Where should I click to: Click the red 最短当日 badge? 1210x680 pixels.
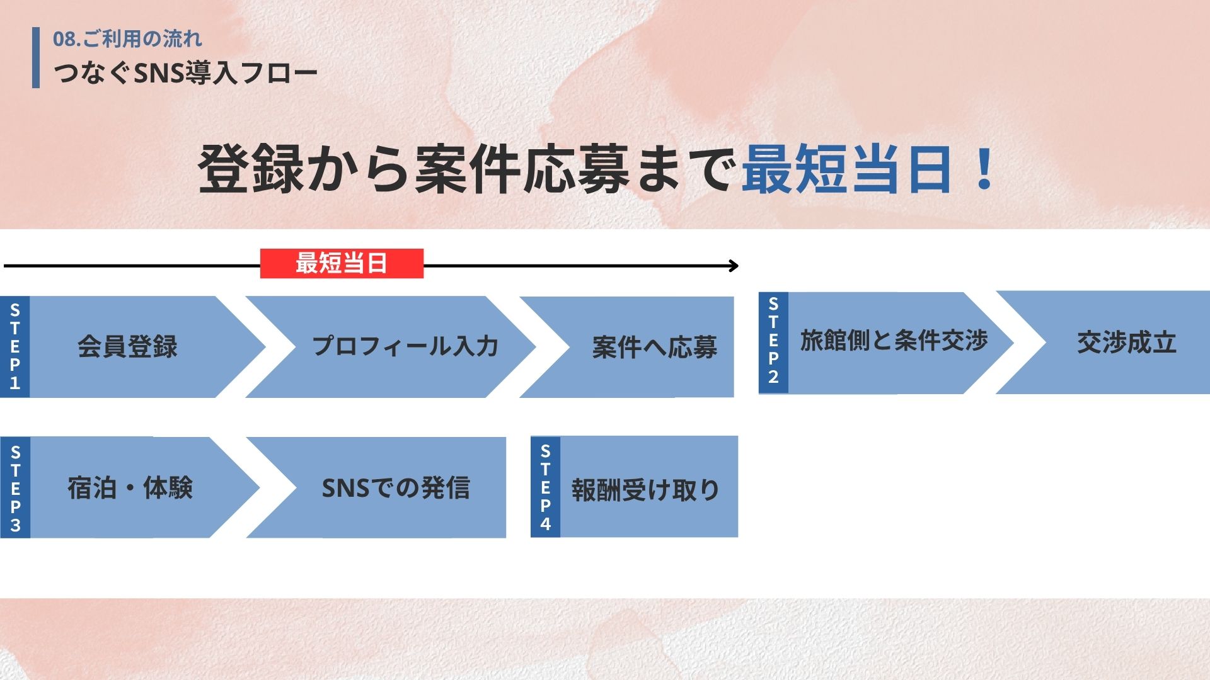coord(342,263)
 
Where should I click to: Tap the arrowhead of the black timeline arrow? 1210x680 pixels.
coord(734,266)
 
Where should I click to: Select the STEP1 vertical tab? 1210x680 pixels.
coord(15,346)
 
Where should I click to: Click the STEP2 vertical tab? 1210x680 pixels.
coord(773,343)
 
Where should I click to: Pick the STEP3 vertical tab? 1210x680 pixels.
coord(15,487)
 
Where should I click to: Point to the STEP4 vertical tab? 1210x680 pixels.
coord(546,487)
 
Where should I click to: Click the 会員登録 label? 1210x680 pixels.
coord(127,346)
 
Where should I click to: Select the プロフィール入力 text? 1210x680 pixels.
coord(405,346)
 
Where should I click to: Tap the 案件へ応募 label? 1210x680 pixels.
coord(655,347)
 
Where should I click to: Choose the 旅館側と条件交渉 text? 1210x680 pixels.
coord(894,341)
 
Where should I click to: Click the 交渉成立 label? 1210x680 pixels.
coord(1127,343)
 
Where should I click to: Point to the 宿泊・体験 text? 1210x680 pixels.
coord(130,488)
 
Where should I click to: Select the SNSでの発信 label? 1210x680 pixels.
coord(396,488)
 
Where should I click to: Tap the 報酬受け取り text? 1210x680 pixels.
coord(645,490)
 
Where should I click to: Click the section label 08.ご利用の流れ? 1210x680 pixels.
coord(127,39)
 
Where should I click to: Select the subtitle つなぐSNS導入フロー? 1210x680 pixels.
coord(185,73)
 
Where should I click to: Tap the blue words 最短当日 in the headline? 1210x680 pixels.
coord(847,169)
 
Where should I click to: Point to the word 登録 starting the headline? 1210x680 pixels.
coord(251,169)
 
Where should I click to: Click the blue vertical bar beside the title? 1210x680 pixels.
coord(36,58)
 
